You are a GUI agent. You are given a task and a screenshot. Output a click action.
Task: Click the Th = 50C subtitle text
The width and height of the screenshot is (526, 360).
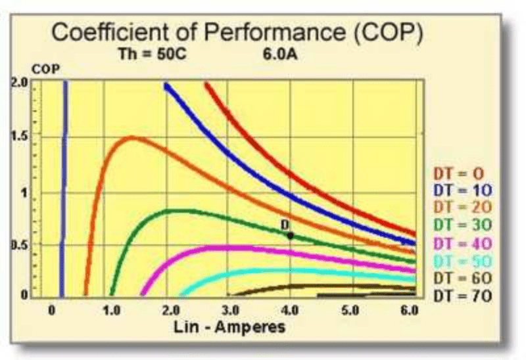tap(147, 53)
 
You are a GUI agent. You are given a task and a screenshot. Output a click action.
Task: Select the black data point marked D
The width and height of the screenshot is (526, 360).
tap(290, 235)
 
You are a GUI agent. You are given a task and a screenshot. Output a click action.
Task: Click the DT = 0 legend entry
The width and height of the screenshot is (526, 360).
tap(458, 173)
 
